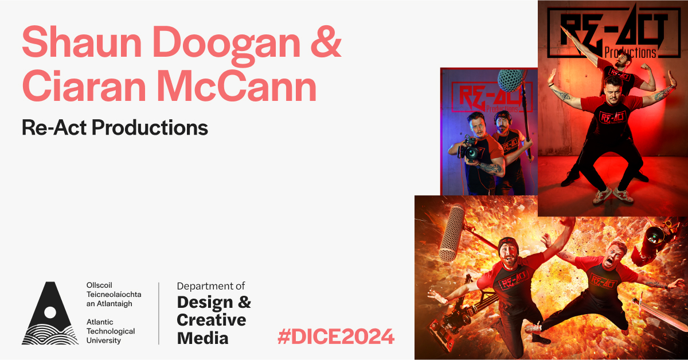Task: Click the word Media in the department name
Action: pyautogui.click(x=202, y=338)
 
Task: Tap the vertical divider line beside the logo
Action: pyautogui.click(x=159, y=313)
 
